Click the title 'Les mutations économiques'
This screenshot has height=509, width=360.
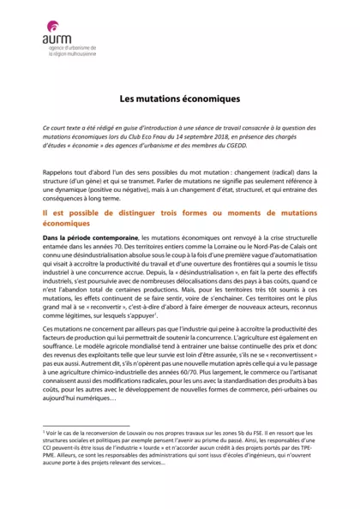[x=179, y=99]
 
